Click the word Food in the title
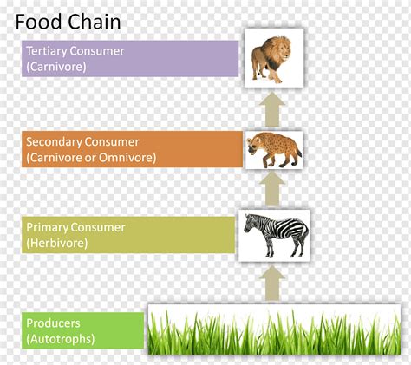(38, 22)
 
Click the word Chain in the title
(95, 22)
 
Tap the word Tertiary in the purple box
(47, 51)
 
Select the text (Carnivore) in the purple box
(56, 67)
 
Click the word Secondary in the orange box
(54, 142)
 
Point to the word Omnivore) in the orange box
(127, 158)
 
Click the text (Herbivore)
(57, 243)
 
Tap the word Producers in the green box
(53, 323)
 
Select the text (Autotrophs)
(61, 339)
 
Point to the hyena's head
(254, 144)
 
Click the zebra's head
(250, 223)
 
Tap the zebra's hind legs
(298, 244)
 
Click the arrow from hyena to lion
(272, 109)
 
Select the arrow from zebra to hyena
(272, 189)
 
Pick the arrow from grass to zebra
(272, 284)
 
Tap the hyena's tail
(299, 153)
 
